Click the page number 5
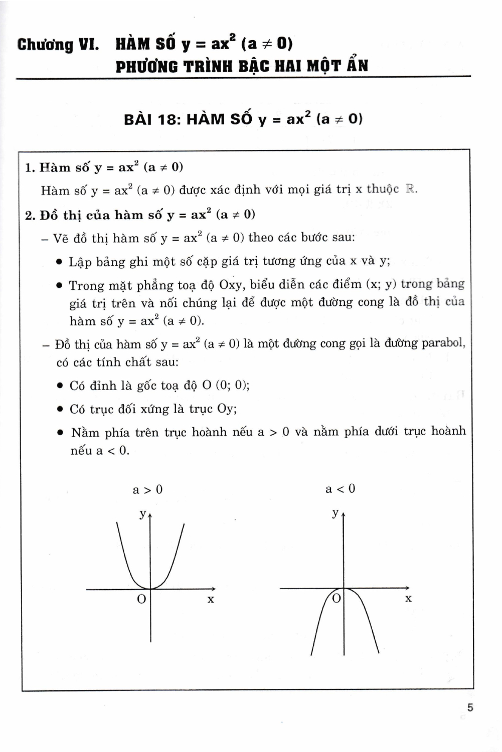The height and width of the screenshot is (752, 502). [470, 708]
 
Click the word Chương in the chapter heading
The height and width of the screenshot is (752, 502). [45, 45]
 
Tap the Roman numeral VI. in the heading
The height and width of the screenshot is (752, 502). [88, 45]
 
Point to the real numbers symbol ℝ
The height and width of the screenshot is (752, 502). [411, 190]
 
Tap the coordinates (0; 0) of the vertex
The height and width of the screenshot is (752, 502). [232, 386]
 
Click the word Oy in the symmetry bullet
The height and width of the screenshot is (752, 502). [226, 409]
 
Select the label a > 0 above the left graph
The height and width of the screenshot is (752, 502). [147, 490]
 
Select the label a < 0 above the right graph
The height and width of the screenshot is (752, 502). [340, 489]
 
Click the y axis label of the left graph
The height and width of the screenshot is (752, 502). [142, 513]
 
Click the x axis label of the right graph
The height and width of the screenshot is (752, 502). [408, 598]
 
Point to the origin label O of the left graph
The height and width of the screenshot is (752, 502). [141, 599]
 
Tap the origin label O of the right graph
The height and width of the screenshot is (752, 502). [337, 598]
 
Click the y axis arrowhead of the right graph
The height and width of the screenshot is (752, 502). [344, 515]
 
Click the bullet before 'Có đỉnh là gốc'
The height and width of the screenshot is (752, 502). [60, 386]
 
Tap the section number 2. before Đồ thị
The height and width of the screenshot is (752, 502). [30, 215]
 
